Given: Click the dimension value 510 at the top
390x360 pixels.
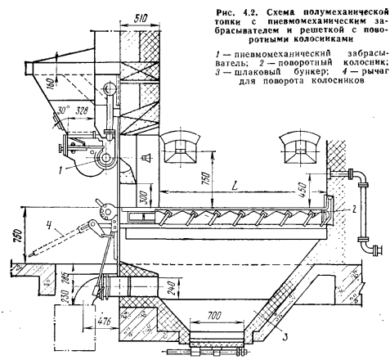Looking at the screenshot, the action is [x=141, y=18].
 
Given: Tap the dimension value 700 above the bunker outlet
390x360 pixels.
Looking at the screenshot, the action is [x=214, y=315].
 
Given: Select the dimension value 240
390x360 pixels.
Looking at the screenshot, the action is [x=172, y=289].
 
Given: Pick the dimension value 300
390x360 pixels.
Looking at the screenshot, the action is [x=144, y=196].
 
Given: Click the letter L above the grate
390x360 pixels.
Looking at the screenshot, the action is [x=235, y=186].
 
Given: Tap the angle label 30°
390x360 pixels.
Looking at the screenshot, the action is [x=64, y=111].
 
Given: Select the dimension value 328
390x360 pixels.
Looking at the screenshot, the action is [x=82, y=110].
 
